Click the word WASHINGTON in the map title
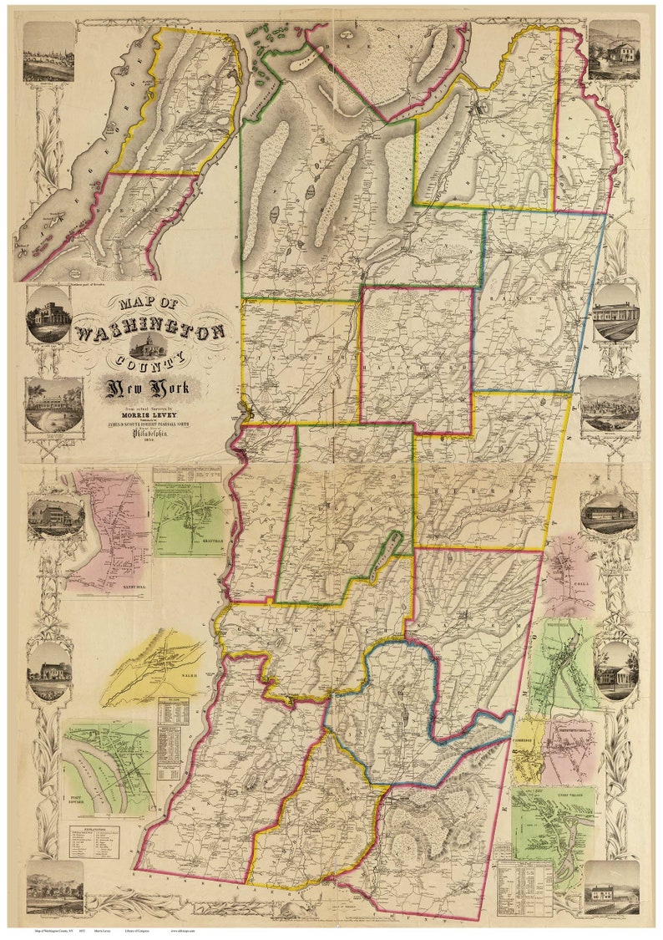[150, 333]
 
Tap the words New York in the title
[147, 388]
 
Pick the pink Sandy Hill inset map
[107, 531]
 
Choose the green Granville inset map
[189, 518]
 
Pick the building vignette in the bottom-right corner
[611, 887]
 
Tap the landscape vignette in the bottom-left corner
[54, 887]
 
